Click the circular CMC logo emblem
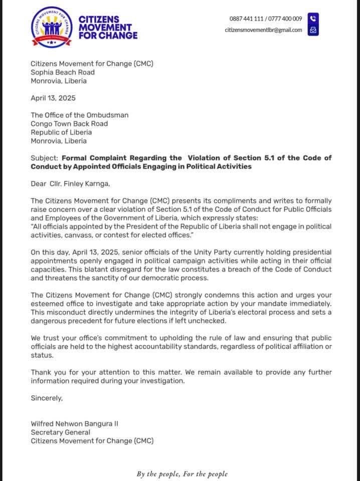point(51,27)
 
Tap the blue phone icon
point(313,19)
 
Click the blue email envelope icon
point(313,30)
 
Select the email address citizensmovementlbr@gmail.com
point(263,30)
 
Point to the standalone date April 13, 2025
point(53,98)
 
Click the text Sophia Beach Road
point(63,72)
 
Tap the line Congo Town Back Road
point(69,124)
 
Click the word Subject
point(44,158)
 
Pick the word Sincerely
point(47,398)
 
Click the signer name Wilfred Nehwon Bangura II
point(75,424)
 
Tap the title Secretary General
point(61,432)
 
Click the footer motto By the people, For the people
point(182,473)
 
